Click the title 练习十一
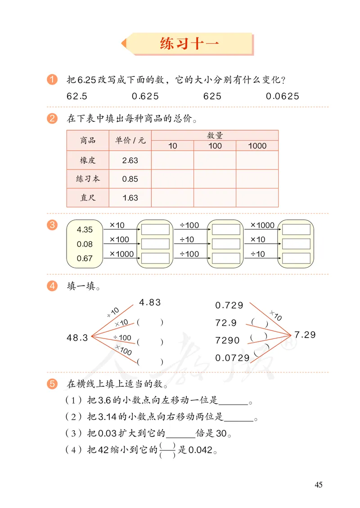click(x=189, y=44)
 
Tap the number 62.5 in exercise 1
click(x=77, y=96)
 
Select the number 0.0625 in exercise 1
click(x=282, y=96)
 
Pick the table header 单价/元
click(x=130, y=140)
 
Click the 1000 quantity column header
click(x=257, y=146)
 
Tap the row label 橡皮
click(x=88, y=160)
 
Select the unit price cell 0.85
click(x=130, y=179)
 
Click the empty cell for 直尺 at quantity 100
click(x=215, y=198)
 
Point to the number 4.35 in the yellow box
click(x=85, y=230)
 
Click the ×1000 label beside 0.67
click(x=121, y=254)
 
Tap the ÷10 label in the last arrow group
click(x=258, y=254)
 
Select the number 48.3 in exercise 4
click(x=77, y=338)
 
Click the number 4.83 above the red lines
click(x=150, y=303)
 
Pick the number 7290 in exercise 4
click(x=228, y=340)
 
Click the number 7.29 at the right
click(x=305, y=335)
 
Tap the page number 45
click(x=319, y=485)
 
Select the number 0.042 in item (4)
click(x=200, y=450)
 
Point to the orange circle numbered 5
click(x=52, y=384)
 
